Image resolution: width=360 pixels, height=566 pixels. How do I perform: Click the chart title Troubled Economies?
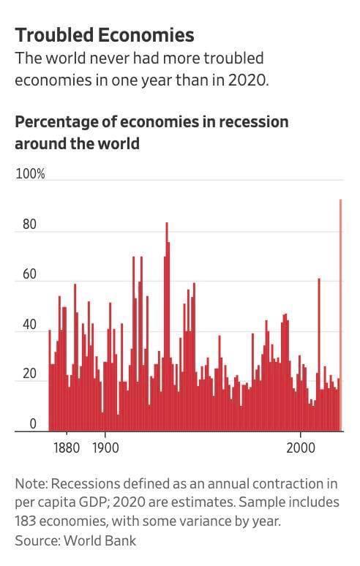(105, 35)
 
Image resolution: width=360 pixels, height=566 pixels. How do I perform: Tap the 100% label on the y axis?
(30, 173)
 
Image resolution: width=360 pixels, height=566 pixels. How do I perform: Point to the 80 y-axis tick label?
(29, 224)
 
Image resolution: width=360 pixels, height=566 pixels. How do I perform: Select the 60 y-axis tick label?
(29, 274)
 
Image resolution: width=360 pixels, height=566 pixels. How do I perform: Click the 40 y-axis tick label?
(29, 324)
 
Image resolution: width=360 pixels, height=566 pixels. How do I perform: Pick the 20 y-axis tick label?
(29, 374)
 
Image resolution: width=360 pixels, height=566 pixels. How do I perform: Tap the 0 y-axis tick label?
(33, 423)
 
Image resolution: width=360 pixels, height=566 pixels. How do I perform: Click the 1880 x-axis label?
(67, 448)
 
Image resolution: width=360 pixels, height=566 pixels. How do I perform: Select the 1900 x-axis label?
(105, 448)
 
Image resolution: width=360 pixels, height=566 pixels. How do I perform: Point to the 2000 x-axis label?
(301, 448)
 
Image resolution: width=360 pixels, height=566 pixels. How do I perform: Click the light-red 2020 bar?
(340, 315)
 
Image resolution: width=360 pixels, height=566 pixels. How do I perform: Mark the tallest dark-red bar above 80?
(167, 327)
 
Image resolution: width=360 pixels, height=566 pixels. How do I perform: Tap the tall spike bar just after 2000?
(319, 355)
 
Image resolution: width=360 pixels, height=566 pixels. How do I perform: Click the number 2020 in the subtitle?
(248, 80)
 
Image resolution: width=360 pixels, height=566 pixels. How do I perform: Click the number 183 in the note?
(25, 521)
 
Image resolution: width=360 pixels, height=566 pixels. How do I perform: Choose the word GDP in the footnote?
(91, 502)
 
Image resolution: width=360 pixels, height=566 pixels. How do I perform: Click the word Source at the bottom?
(37, 540)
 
